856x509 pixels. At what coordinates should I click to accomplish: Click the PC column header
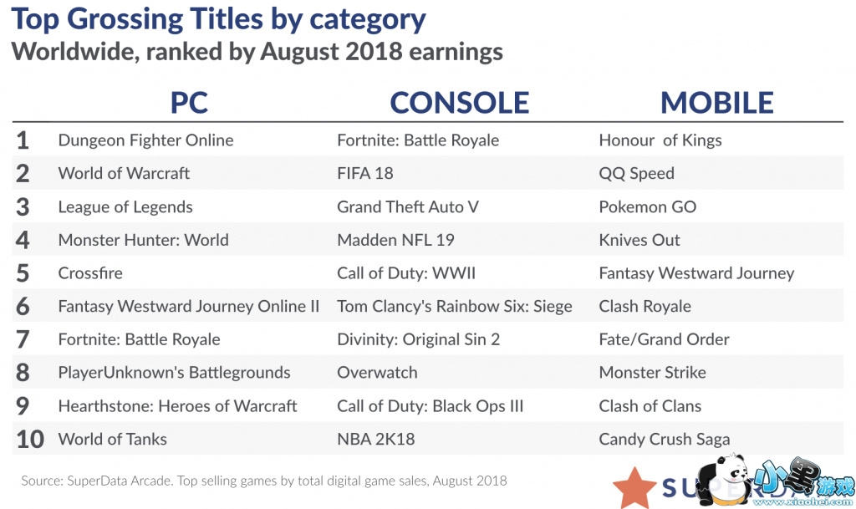click(x=189, y=102)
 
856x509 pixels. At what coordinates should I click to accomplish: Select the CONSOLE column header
click(x=459, y=102)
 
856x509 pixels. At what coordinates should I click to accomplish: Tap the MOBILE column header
click(x=716, y=102)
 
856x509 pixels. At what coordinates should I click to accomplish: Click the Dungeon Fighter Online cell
click(x=145, y=140)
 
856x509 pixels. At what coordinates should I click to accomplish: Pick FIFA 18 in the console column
click(x=364, y=173)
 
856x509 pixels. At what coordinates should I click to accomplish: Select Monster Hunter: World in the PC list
click(x=143, y=240)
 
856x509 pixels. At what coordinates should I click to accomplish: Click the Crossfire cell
click(x=90, y=273)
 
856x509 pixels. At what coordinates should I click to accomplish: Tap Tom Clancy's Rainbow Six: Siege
click(x=454, y=306)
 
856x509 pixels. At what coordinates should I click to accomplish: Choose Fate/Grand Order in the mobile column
click(x=664, y=339)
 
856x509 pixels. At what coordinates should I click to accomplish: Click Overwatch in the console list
click(x=376, y=373)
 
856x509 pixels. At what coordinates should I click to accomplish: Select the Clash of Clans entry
click(x=650, y=406)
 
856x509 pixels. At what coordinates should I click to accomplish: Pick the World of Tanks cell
click(x=112, y=439)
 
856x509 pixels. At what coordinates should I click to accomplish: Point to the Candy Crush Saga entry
click(x=664, y=439)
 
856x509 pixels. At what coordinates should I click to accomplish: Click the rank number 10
click(x=29, y=440)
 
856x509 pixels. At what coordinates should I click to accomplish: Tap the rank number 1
click(x=23, y=140)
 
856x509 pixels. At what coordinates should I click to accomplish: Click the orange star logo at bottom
click(x=634, y=487)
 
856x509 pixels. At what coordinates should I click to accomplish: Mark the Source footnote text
click(x=263, y=481)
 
